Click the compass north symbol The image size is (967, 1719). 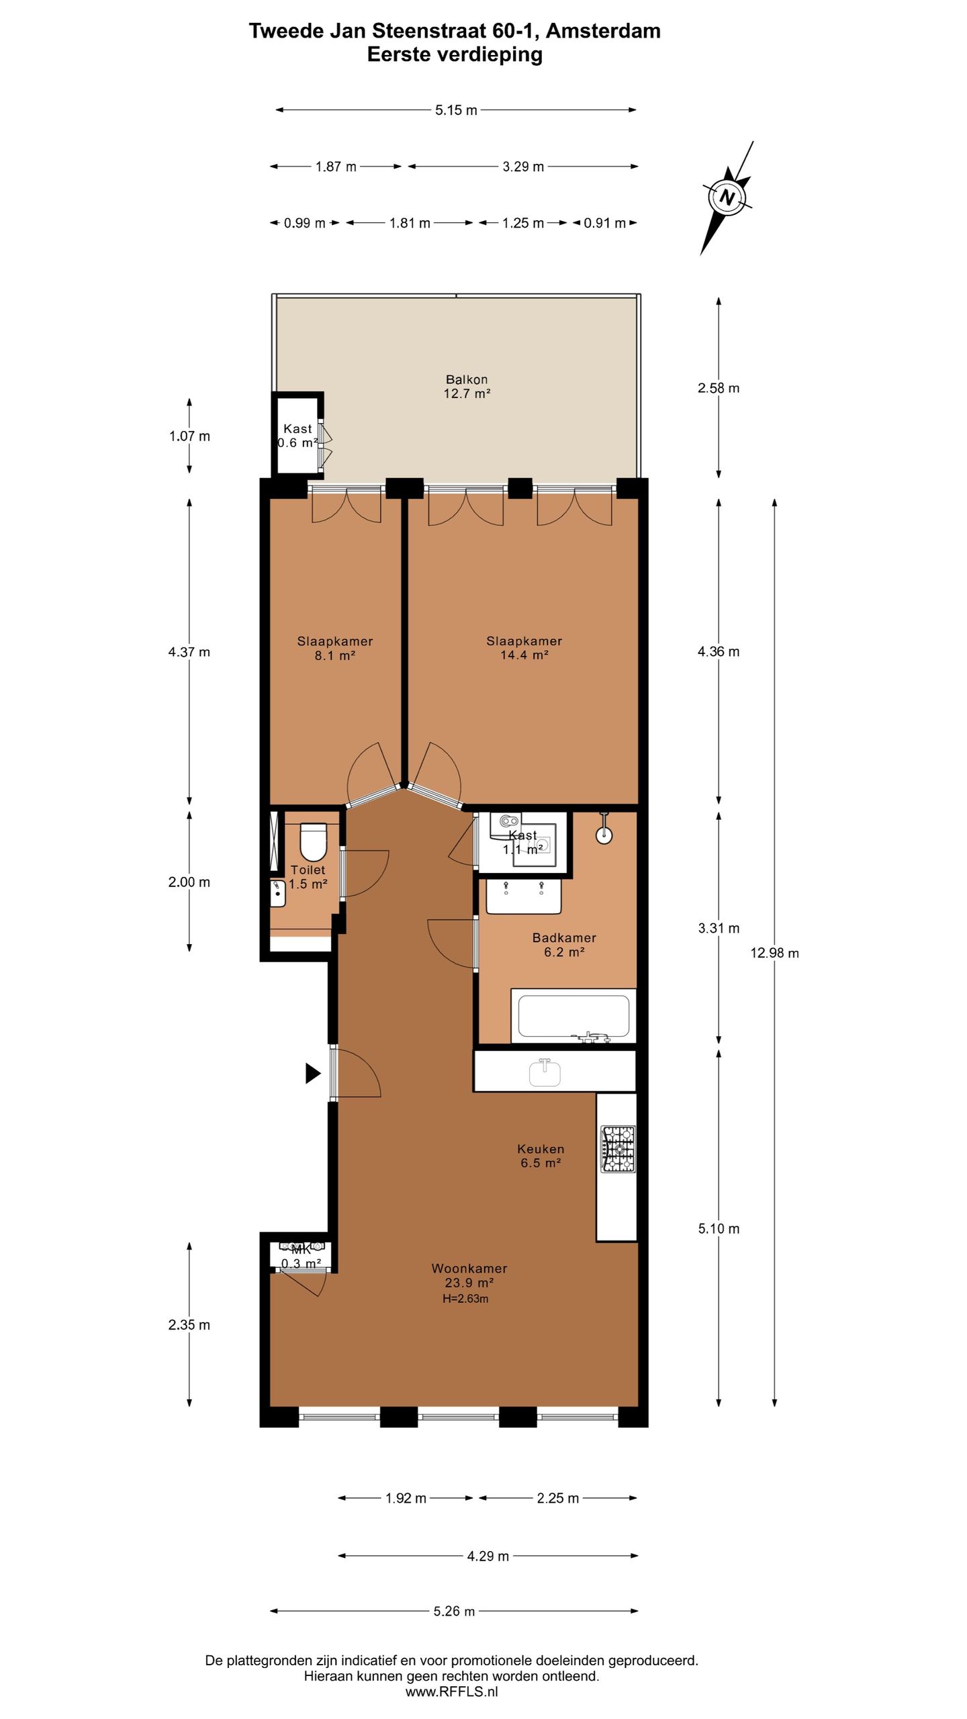click(x=727, y=198)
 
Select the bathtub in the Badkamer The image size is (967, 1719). click(x=573, y=1016)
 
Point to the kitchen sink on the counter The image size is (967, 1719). click(x=545, y=1072)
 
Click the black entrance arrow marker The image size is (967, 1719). click(x=313, y=1073)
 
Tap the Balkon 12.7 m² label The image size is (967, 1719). click(x=467, y=387)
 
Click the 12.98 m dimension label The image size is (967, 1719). click(x=774, y=953)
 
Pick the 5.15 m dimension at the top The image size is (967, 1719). click(x=456, y=110)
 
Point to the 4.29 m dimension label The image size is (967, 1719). click(x=488, y=1556)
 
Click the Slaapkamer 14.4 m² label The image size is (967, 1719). click(x=524, y=648)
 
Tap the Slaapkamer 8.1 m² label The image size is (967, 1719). click(x=334, y=648)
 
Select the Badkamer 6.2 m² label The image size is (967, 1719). click(x=564, y=945)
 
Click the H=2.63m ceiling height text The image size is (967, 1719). click(x=465, y=1299)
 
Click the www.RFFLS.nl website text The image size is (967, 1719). click(x=451, y=1691)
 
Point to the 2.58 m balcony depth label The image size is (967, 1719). click(x=719, y=388)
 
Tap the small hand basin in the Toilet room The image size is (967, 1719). click(x=278, y=893)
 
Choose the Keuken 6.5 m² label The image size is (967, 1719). click(x=541, y=1156)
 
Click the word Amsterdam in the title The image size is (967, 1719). click(x=604, y=31)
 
